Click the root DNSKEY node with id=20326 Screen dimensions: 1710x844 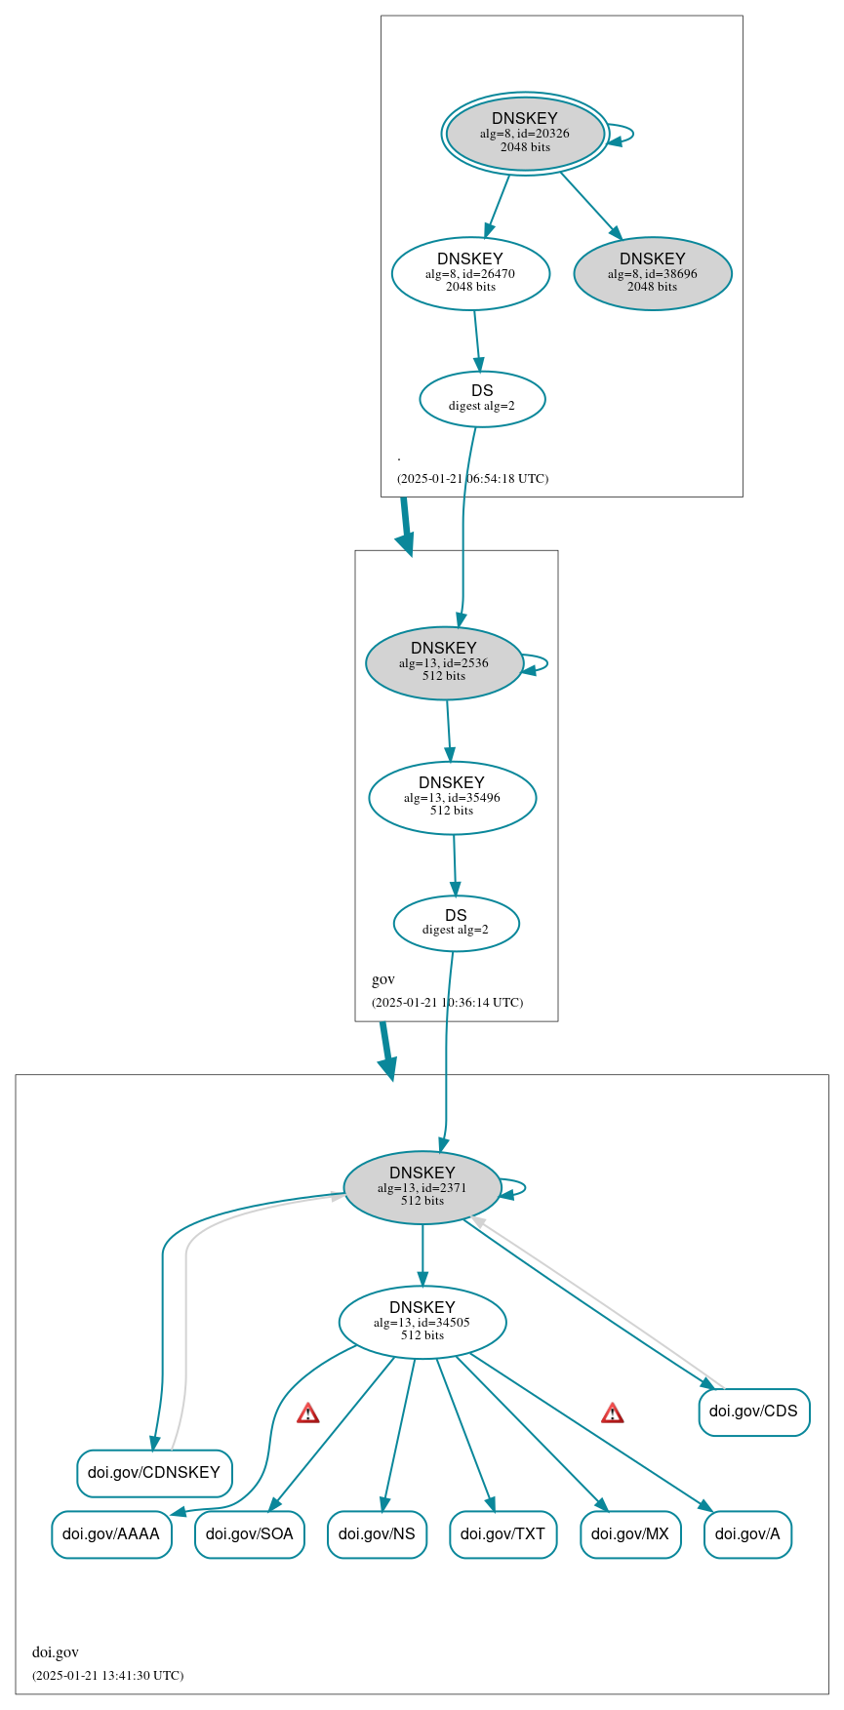pyautogui.click(x=525, y=134)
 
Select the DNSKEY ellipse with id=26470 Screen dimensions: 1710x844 pyautogui.click(x=470, y=273)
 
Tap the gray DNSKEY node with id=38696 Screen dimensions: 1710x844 pyautogui.click(x=652, y=273)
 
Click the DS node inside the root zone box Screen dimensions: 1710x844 pyautogui.click(x=482, y=398)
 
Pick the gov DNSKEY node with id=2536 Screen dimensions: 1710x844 pyautogui.click(x=444, y=662)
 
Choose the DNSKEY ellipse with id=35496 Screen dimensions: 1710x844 pyautogui.click(x=452, y=797)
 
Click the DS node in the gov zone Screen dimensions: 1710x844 pyautogui.click(x=456, y=923)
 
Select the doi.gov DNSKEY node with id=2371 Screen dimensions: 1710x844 pyautogui.click(x=422, y=1187)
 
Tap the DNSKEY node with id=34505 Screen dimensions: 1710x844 pyautogui.click(x=422, y=1322)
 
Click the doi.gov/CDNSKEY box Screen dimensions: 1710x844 pyautogui.click(x=154, y=1472)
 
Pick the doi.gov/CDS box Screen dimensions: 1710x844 pyautogui.click(x=753, y=1412)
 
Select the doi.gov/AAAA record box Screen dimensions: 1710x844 pyautogui.click(x=111, y=1533)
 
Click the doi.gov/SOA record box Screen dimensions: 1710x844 pyautogui.click(x=250, y=1533)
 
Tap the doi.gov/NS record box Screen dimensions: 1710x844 pyautogui.click(x=377, y=1533)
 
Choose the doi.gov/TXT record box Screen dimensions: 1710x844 pyautogui.click(x=502, y=1533)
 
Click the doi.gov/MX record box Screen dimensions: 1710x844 pyautogui.click(x=630, y=1533)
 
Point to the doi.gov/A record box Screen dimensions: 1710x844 pyautogui.click(x=747, y=1533)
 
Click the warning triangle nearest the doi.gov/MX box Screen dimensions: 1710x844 pyautogui.click(x=612, y=1412)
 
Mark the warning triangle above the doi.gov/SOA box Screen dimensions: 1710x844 pyautogui.click(x=308, y=1412)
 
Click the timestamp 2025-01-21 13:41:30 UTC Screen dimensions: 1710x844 pyautogui.click(x=107, y=1675)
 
